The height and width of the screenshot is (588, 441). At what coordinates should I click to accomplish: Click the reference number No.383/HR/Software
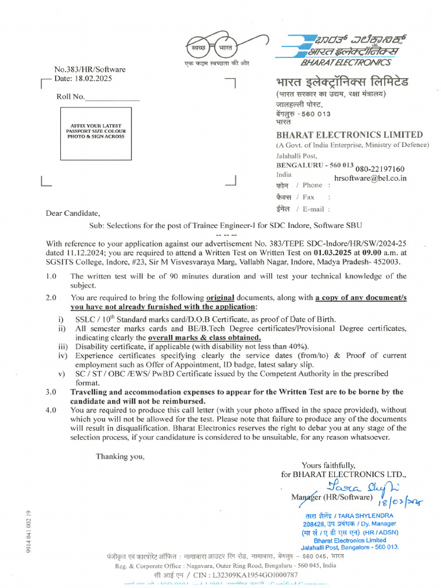pyautogui.click(x=90, y=69)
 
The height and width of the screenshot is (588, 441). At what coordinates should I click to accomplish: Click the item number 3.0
pyautogui.click(x=51, y=392)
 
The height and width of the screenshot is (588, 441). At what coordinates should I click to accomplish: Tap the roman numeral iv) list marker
pyautogui.click(x=62, y=355)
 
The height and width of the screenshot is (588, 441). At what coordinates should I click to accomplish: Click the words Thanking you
pyautogui.click(x=120, y=457)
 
